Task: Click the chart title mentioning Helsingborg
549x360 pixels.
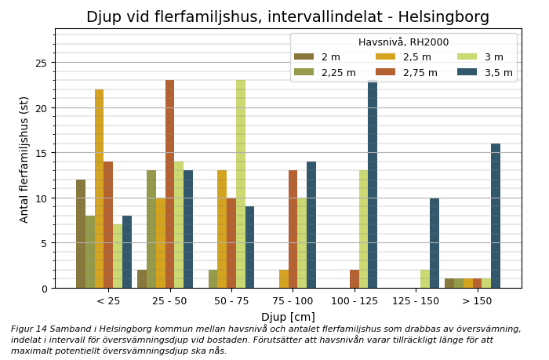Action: (287, 17)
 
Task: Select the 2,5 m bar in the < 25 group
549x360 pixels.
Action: (99, 188)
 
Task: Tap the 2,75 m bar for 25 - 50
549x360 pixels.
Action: (169, 184)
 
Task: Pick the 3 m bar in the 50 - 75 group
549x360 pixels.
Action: (241, 184)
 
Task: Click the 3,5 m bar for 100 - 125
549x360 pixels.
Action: (373, 184)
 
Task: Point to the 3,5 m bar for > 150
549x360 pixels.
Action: (496, 216)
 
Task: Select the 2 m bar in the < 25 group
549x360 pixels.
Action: (81, 234)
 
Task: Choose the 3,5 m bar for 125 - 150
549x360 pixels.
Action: (434, 242)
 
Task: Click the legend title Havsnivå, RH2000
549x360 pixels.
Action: (403, 42)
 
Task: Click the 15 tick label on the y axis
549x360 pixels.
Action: (42, 153)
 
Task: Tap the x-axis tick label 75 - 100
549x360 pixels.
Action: (293, 300)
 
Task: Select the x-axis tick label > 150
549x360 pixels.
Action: (477, 300)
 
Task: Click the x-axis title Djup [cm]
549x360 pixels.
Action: (288, 317)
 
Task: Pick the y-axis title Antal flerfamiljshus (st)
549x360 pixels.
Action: (24, 159)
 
